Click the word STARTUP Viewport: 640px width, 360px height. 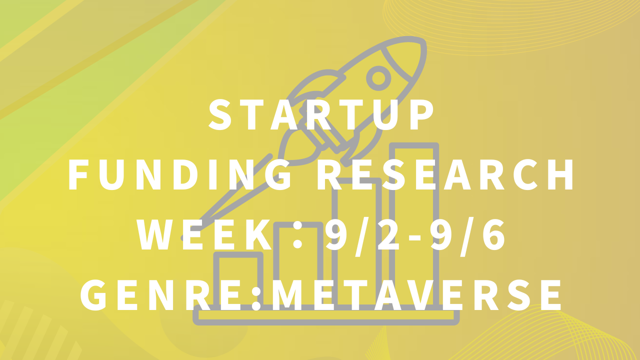pyautogui.click(x=321, y=115)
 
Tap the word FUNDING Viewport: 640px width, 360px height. pyautogui.click(x=180, y=174)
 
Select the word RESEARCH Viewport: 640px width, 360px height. pyautogui.click(x=445, y=174)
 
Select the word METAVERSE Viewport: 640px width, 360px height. pyautogui.click(x=416, y=294)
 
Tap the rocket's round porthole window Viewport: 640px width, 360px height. pyautogui.click(x=378, y=78)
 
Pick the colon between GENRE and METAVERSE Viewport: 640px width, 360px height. pyautogui.click(x=256, y=298)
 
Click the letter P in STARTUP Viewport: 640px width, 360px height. pyautogui.click(x=423, y=115)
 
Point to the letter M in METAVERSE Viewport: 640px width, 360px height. pyautogui.click(x=287, y=294)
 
